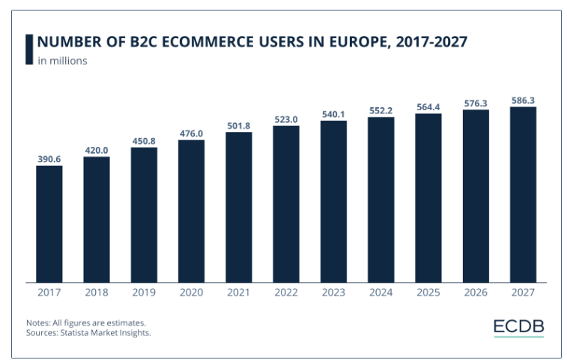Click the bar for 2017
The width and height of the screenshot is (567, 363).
49,223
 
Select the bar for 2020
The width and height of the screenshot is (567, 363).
191,211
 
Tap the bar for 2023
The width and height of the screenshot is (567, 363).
333,201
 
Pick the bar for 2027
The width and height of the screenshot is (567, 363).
523,194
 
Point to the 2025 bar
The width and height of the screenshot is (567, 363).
428,197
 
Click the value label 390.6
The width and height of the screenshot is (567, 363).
49,159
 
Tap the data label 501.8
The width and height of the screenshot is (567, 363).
238,126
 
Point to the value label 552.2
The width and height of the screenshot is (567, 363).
380,111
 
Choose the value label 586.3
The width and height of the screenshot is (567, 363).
523,100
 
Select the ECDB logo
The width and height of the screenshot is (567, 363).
518,328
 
